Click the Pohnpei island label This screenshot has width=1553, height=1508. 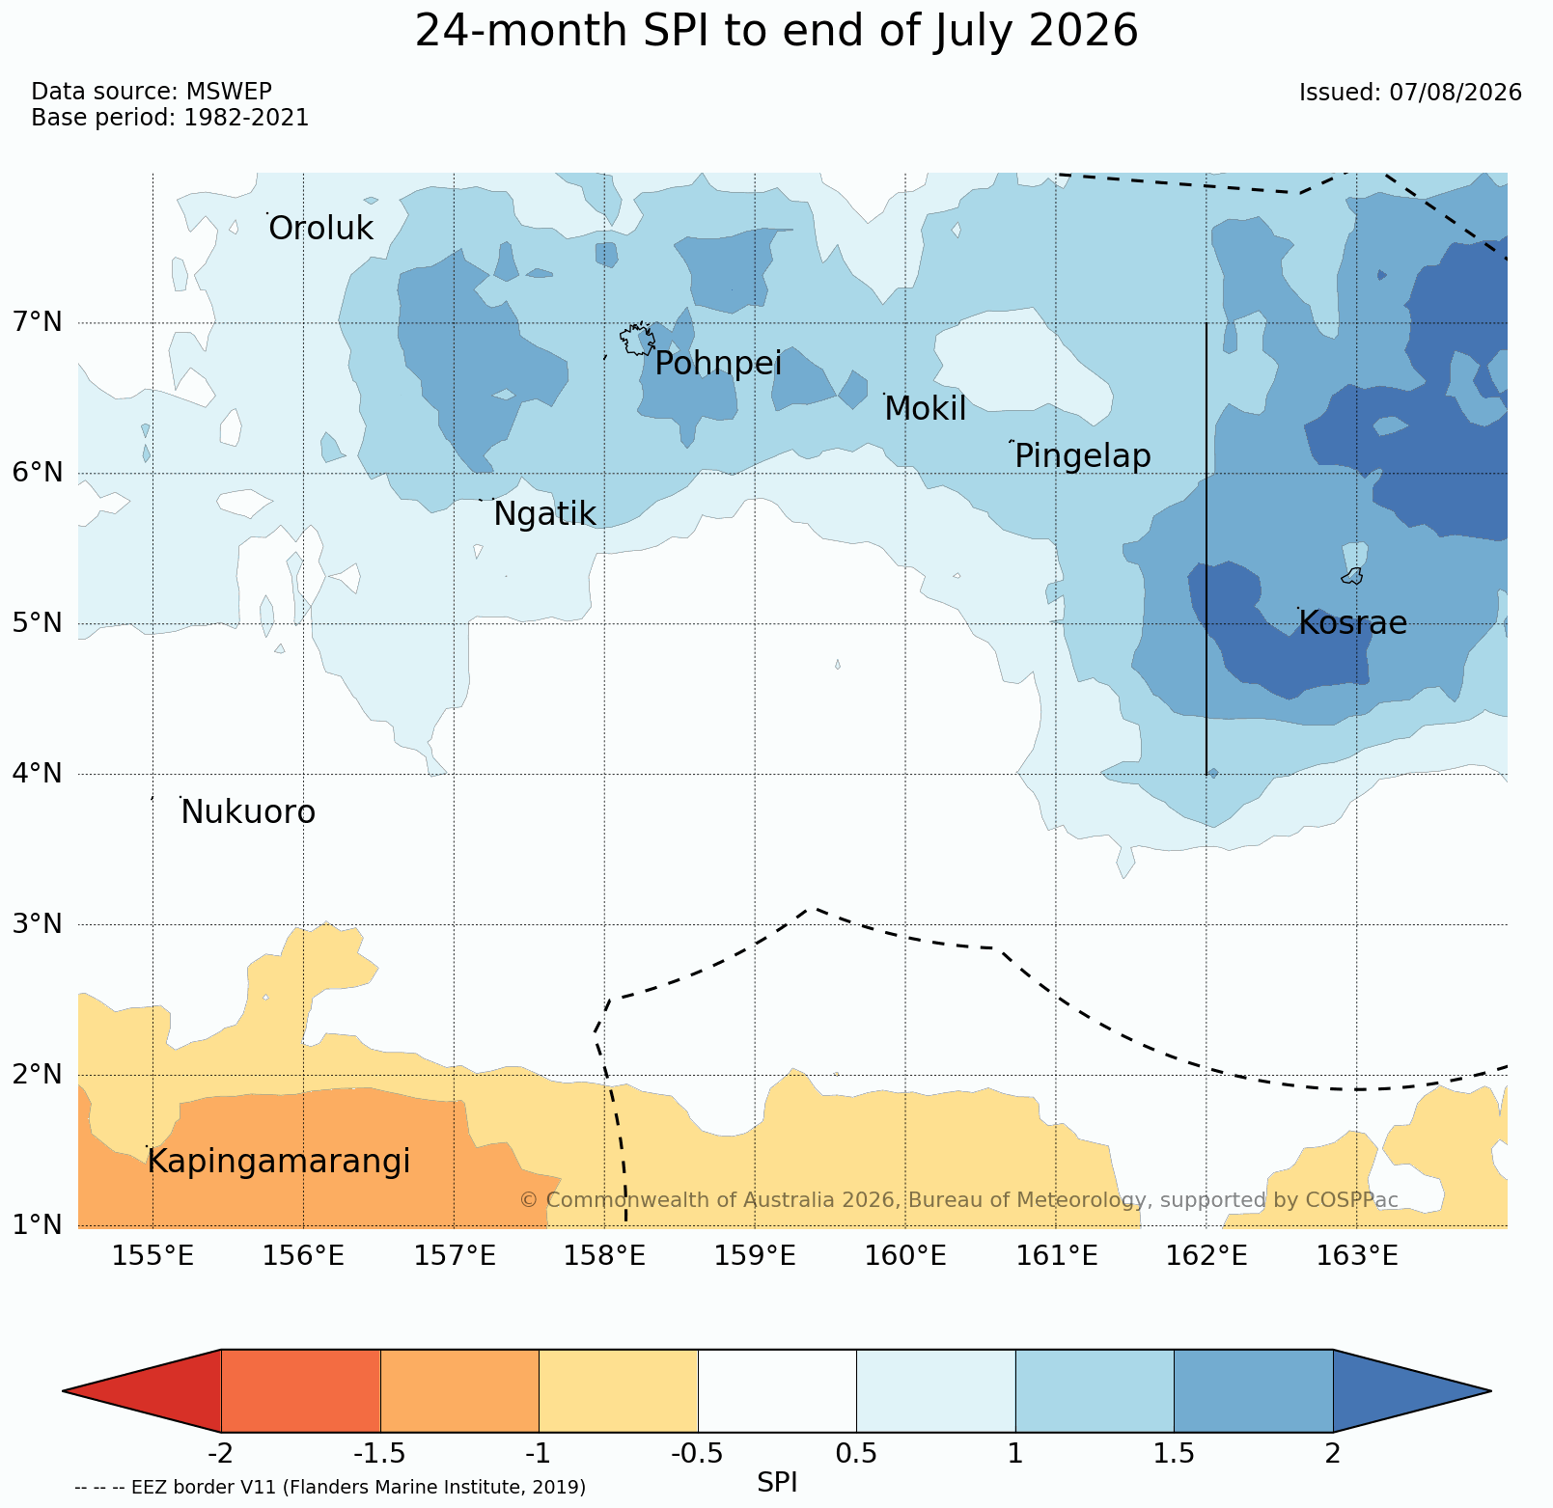[x=718, y=365]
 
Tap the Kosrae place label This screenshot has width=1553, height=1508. [x=1352, y=623]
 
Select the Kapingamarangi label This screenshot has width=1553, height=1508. [x=278, y=1162]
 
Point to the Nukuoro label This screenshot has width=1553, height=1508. [x=248, y=812]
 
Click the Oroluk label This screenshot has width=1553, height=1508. [x=320, y=229]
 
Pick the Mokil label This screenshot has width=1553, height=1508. [x=925, y=409]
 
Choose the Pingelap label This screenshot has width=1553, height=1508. [x=1083, y=456]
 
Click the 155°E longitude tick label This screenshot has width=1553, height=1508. [x=153, y=1256]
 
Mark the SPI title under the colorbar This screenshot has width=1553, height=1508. [x=777, y=1482]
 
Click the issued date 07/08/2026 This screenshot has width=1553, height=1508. [x=1456, y=93]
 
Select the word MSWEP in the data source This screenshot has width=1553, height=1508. [x=229, y=92]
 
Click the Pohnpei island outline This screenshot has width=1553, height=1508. [x=637, y=339]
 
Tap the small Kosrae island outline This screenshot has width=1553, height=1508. [x=1352, y=576]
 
